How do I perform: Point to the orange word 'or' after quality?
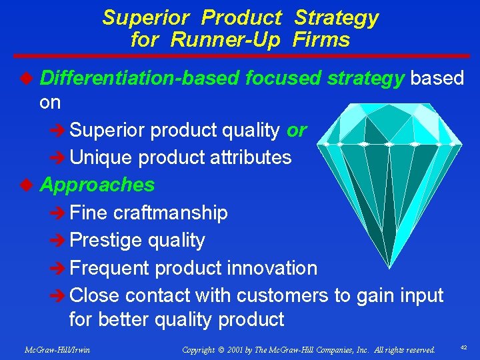pos(296,131)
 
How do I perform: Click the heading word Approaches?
pos(97,185)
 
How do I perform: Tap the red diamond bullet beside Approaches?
pos(27,185)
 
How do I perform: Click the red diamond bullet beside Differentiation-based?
pos(27,79)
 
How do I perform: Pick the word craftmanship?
pos(171,213)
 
